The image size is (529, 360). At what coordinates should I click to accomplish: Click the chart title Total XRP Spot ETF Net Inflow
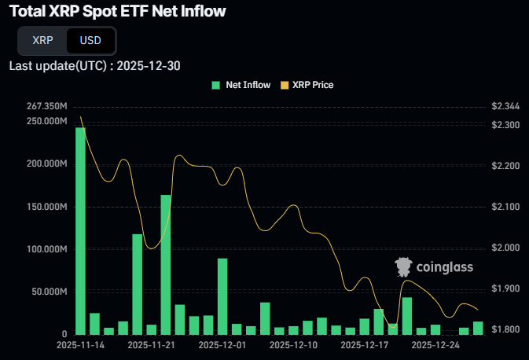coord(117,11)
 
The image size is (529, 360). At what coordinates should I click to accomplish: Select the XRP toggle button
coord(44,40)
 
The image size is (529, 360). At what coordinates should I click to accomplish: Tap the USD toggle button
coord(90,40)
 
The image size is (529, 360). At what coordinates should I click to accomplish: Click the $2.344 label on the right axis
coord(505,106)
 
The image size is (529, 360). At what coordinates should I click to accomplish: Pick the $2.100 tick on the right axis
coord(505,207)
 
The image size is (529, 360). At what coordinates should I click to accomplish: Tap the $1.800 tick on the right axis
coord(505,329)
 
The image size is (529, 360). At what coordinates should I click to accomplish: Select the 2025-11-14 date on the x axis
coord(81,344)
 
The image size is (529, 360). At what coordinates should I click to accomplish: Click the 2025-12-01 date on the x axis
coord(222,344)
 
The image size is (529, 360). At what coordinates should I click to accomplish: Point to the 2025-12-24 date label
coord(435,344)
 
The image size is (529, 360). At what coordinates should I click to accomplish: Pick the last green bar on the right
coord(478,328)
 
